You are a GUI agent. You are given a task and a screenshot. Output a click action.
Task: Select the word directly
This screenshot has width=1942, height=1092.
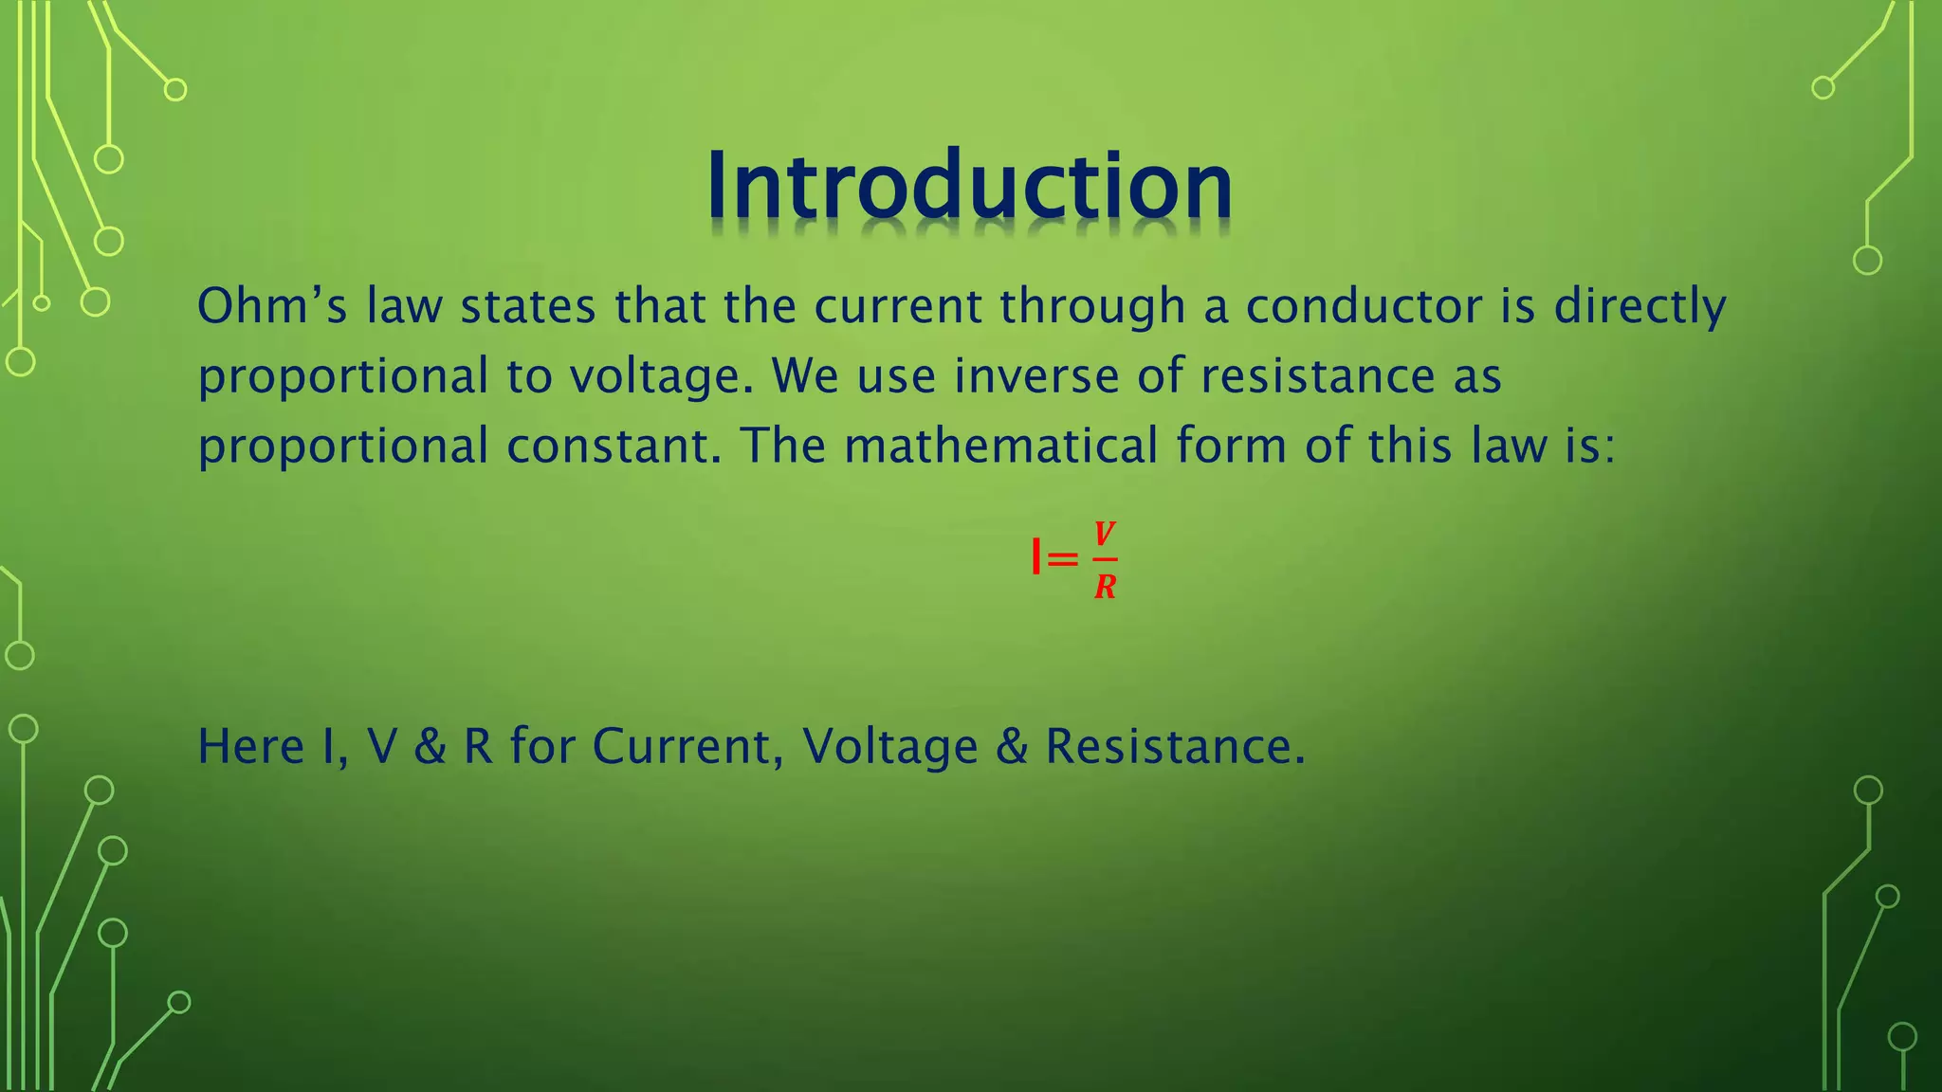(1640, 307)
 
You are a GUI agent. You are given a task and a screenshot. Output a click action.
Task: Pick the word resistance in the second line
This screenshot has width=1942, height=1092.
(1318, 375)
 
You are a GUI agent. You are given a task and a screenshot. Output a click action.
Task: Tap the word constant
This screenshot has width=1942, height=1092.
(614, 446)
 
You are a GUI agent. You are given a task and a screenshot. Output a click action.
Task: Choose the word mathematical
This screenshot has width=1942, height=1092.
(1000, 446)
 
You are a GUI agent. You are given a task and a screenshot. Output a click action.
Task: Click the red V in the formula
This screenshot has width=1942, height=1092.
(1104, 534)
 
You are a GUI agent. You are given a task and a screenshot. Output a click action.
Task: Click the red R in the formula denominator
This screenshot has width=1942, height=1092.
(1105, 587)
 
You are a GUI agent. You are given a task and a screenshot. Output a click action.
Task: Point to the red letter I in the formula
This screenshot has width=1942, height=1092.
(1036, 557)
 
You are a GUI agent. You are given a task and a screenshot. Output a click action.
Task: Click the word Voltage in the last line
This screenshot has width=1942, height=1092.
(889, 747)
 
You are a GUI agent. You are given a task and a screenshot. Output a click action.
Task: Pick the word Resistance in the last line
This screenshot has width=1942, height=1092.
(1175, 746)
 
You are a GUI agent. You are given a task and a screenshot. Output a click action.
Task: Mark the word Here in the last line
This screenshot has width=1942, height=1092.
(250, 746)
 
